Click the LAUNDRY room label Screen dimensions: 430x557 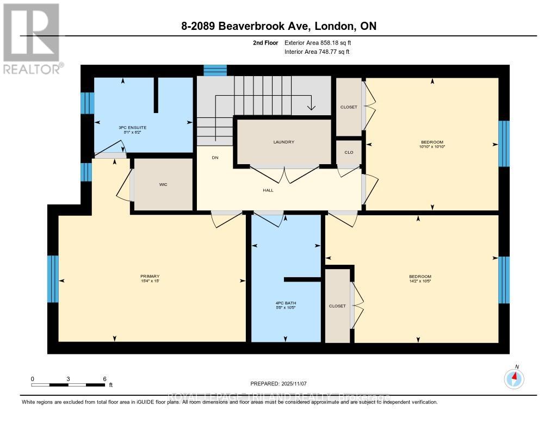pos(283,142)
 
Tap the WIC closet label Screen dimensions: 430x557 pos(163,185)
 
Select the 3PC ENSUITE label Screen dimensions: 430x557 pos(133,127)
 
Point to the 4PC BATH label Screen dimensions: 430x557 pos(286,303)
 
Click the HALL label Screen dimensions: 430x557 pos(268,190)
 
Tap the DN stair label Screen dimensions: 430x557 pos(215,158)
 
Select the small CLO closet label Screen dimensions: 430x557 pos(349,152)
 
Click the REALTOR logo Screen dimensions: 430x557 pos(32,38)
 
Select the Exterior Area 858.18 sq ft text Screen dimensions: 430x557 pos(322,42)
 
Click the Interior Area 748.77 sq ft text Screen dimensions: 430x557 pos(317,52)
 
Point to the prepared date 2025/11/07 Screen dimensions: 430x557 pos(278,383)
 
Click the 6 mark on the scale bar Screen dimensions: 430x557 pos(104,379)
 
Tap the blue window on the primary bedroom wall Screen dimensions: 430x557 pos(53,279)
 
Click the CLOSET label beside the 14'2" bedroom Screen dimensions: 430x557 pos(337,306)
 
